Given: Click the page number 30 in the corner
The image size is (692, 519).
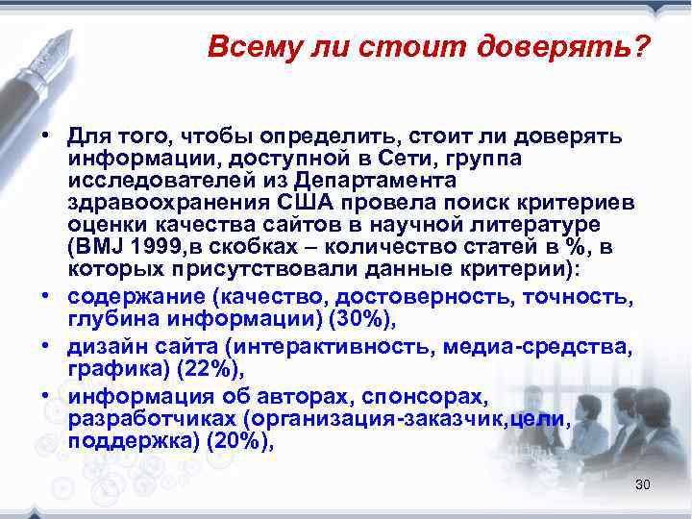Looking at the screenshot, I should [x=643, y=484].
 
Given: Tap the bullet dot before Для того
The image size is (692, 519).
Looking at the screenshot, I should [x=45, y=137].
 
